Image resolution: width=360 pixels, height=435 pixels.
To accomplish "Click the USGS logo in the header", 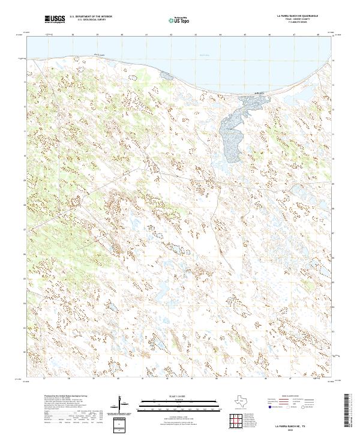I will (55, 19).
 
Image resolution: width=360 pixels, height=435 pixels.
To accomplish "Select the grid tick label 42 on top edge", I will (171, 35).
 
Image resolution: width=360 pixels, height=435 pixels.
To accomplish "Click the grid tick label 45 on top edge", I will (245, 35).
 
